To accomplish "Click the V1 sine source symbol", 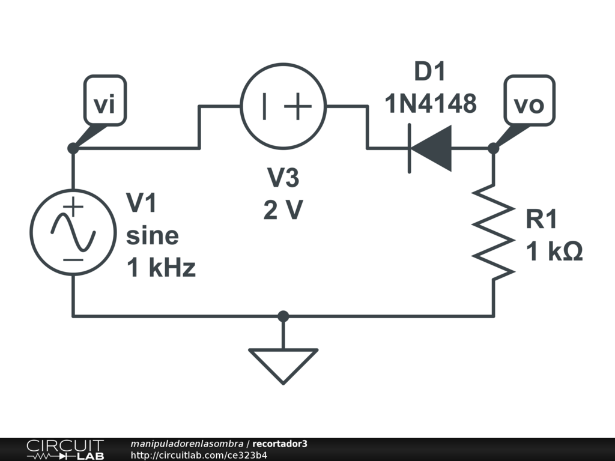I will (x=73, y=233).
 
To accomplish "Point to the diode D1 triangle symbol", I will (x=431, y=148).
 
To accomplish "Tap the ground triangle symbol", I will (x=283, y=364).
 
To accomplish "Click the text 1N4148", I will (x=431, y=103).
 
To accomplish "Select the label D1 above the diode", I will (x=431, y=73).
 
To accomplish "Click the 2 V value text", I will (x=283, y=210).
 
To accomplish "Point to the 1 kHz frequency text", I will (x=161, y=268).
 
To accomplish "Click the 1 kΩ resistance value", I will (x=554, y=252).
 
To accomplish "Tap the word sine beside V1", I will (x=152, y=235).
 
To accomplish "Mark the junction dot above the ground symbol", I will (x=283, y=316).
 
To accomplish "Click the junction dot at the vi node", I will (x=73, y=148).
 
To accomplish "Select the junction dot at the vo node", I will (x=494, y=148).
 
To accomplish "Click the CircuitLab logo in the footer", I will (x=65, y=450).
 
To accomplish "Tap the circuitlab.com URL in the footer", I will (x=199, y=455).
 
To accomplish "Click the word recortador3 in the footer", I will (x=280, y=444).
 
